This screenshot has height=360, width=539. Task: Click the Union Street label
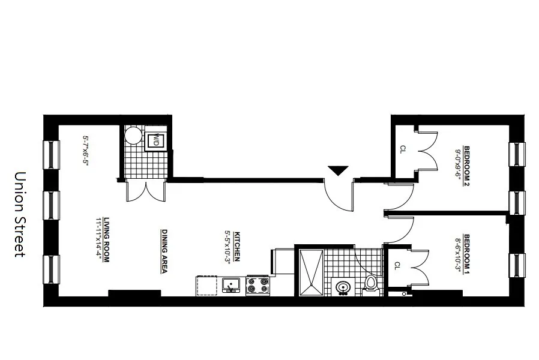click(x=20, y=214)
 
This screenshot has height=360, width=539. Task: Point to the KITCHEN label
click(x=237, y=247)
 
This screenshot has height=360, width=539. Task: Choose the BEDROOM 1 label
click(x=466, y=253)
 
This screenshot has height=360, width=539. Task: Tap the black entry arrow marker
click(x=338, y=170)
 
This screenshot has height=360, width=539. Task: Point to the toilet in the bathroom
click(x=370, y=284)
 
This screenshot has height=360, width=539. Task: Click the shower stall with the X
click(x=310, y=272)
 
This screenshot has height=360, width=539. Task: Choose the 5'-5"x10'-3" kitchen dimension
click(x=228, y=247)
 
